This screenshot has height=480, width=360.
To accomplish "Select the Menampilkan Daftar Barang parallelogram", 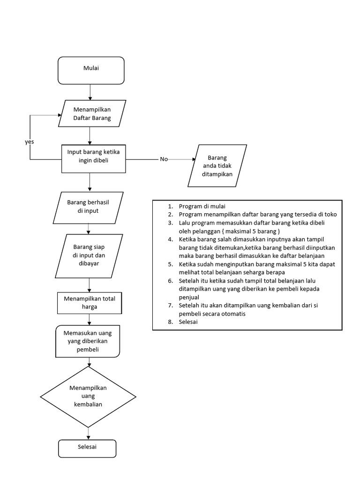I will (x=92, y=114).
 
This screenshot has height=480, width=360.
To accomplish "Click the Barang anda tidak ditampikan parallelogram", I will (x=217, y=166).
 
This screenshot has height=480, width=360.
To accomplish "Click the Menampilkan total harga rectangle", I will (x=89, y=303).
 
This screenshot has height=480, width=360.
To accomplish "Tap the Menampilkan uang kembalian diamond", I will (x=88, y=396).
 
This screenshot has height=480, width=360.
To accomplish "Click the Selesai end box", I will (x=87, y=448).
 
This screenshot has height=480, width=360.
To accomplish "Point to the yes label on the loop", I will (x=30, y=141).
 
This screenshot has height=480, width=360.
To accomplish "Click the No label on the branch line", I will (x=164, y=159).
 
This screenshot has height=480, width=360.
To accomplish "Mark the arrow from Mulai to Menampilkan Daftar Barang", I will (x=90, y=92).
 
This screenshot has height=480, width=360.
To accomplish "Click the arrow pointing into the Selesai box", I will (x=88, y=434).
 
